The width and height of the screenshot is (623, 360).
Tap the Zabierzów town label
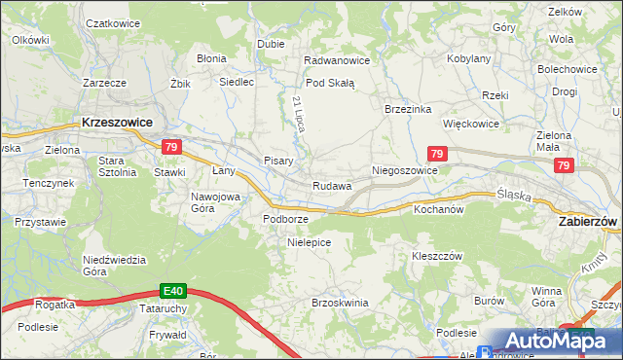(x=588, y=222)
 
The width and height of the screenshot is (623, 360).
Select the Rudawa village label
(x=331, y=186)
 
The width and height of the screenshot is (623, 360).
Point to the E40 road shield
(x=173, y=290)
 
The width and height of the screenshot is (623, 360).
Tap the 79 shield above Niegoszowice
(x=437, y=155)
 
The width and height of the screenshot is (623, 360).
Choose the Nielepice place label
(x=310, y=242)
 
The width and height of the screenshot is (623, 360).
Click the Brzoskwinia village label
(x=340, y=303)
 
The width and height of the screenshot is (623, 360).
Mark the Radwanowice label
(x=337, y=60)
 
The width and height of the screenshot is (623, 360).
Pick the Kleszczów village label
(x=435, y=256)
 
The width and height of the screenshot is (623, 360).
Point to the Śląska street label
(x=513, y=195)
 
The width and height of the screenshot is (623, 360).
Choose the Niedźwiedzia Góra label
(x=114, y=265)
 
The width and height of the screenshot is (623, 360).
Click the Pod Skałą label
(x=330, y=83)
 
